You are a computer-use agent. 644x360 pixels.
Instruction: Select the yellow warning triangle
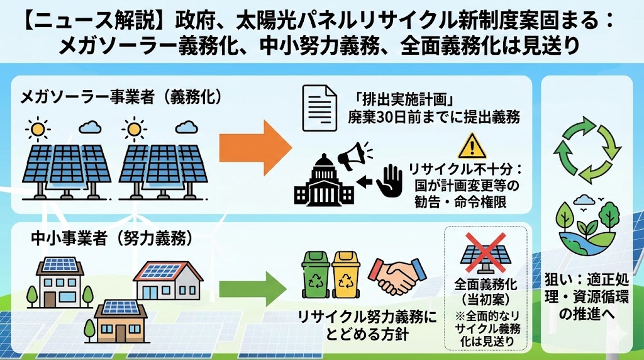click(468, 146)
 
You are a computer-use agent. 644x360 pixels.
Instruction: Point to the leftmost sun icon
click(37, 130)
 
